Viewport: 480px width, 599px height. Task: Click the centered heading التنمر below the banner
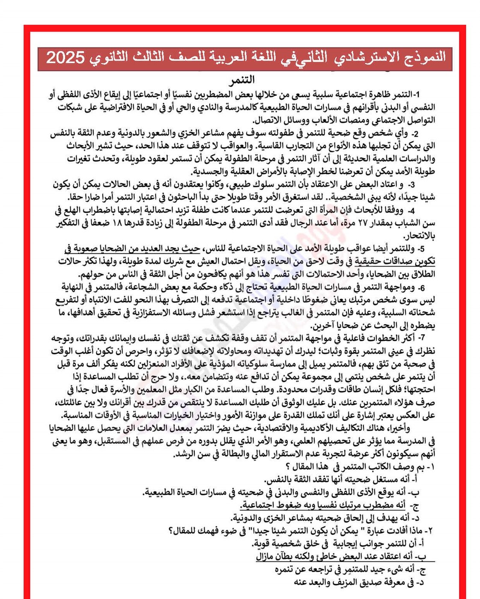click(242, 80)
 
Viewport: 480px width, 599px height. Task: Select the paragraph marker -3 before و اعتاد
click(410, 185)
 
